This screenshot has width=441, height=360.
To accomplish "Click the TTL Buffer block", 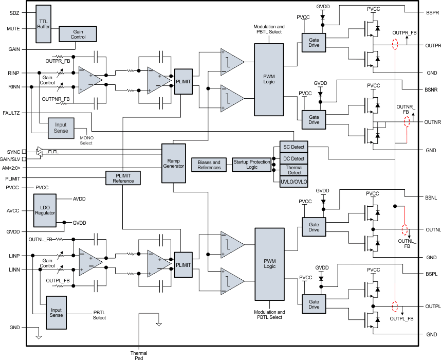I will point(43,24).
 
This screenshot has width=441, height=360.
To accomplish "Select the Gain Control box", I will point(78,34).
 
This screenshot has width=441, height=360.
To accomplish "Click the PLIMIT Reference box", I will point(123,177).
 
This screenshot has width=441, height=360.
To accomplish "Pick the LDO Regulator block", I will point(45,210).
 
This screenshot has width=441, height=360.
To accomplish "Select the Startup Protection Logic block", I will point(252,165).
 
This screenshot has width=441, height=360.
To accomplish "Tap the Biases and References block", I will point(209,165).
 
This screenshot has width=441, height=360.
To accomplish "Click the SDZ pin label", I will point(14,12).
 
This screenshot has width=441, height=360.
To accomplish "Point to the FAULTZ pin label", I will point(11,112).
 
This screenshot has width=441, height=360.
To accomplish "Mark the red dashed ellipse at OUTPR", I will point(395,45).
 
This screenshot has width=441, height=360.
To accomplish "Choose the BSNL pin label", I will point(432,197).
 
